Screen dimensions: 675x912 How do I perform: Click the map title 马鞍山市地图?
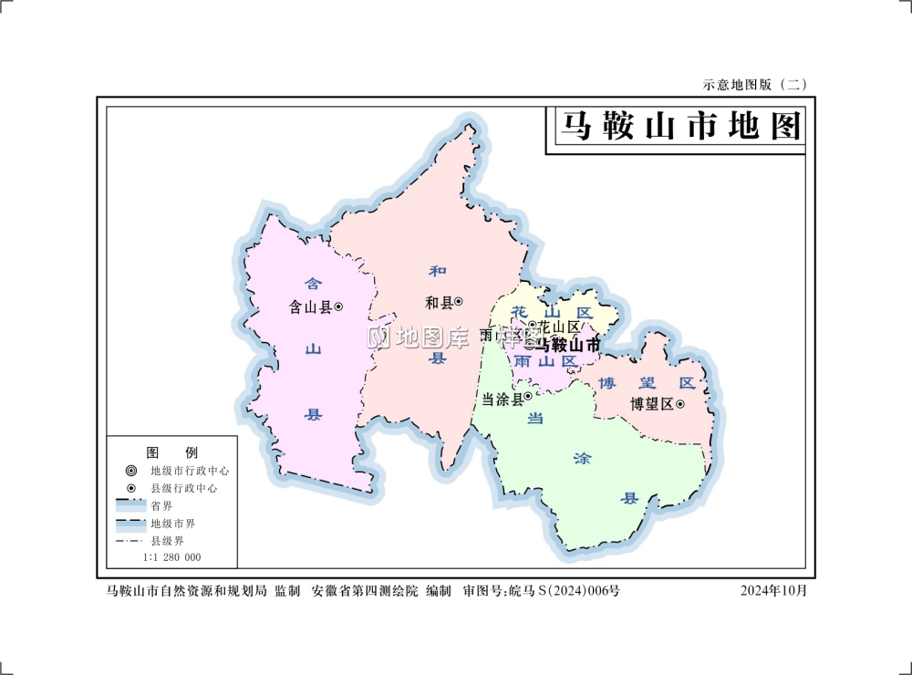coord(679,127)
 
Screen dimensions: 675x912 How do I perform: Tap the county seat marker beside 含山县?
coord(338,307)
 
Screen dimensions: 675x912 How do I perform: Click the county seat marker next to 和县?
coord(459,302)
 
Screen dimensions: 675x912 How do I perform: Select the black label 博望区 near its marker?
coord(651,404)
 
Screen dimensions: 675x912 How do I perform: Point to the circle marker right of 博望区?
coord(679,404)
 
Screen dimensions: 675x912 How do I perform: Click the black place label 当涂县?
coord(501,399)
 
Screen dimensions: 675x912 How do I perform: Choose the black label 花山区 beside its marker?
coord(558,327)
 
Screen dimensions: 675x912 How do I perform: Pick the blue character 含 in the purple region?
coord(312,284)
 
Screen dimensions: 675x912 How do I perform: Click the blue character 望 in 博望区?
coord(645,383)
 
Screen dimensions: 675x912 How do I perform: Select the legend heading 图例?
coord(172,452)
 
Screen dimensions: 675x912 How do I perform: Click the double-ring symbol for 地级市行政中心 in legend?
coord(131,471)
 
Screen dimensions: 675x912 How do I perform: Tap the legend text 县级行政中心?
coord(183,488)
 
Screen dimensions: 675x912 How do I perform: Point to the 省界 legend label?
coord(161,506)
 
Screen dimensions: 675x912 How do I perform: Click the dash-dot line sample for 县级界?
coord(131,541)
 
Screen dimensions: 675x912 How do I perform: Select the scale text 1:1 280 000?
coord(171,557)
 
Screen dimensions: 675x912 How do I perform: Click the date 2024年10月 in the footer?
coord(773,591)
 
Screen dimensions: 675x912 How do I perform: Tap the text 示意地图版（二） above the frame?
coord(754,84)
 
